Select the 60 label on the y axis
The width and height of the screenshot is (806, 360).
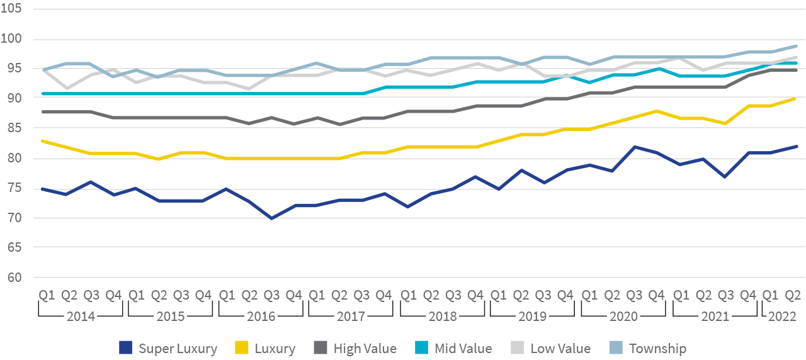(14, 278)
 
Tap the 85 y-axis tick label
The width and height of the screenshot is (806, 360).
(14, 129)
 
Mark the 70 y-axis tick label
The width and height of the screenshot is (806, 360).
(14, 218)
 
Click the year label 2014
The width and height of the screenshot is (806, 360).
(82, 315)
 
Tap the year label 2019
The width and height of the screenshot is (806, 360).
(532, 315)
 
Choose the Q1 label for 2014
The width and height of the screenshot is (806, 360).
(46, 295)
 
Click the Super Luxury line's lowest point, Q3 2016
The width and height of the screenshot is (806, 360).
(271, 218)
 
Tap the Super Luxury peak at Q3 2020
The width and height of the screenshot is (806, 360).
(635, 147)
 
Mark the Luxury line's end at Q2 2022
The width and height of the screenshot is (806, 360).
(797, 98)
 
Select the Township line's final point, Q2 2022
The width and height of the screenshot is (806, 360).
(797, 46)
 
